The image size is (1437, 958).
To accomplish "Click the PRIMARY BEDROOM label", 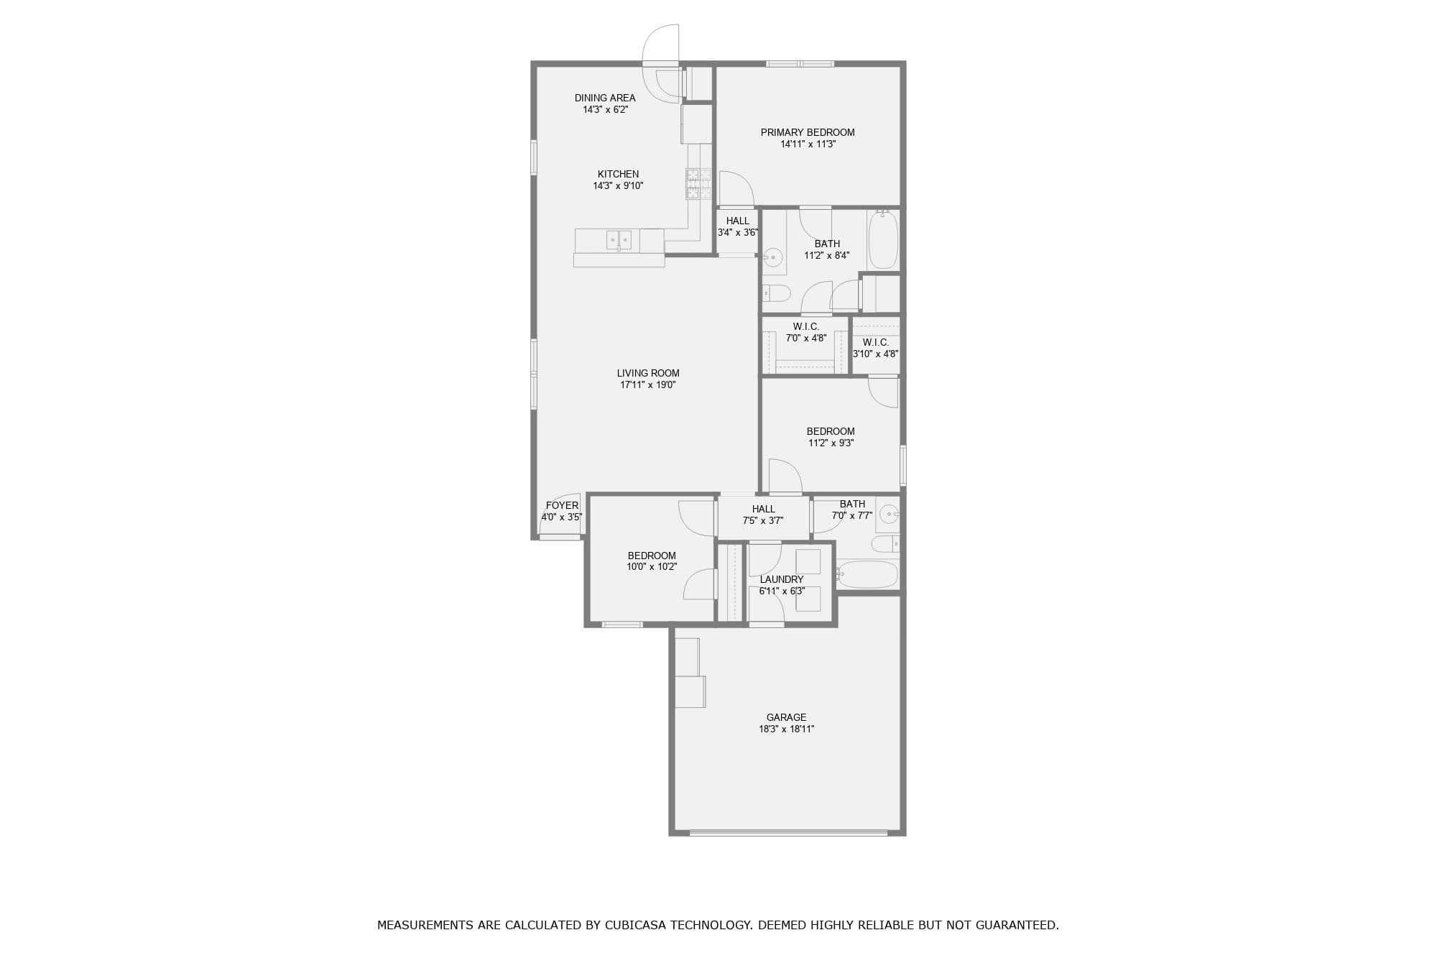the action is click(x=808, y=132).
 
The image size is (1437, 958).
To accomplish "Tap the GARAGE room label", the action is click(x=786, y=717).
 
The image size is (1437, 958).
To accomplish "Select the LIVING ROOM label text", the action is click(x=648, y=373).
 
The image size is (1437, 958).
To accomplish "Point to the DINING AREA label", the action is click(x=605, y=98).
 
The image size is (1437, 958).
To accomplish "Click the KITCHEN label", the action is click(x=618, y=174).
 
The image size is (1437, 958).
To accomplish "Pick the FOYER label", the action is click(x=562, y=505).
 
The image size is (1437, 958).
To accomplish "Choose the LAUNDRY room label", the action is click(x=782, y=579).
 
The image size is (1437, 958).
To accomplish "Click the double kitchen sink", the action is click(x=619, y=240).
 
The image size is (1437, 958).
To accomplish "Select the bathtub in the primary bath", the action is click(x=883, y=239).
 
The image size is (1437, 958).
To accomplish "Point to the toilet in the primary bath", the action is click(x=777, y=293).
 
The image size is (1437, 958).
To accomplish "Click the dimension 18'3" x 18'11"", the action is click(x=787, y=729).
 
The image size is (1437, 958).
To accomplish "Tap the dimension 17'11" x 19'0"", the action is click(x=648, y=384).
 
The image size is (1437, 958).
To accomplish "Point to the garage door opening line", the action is click(x=788, y=833).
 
